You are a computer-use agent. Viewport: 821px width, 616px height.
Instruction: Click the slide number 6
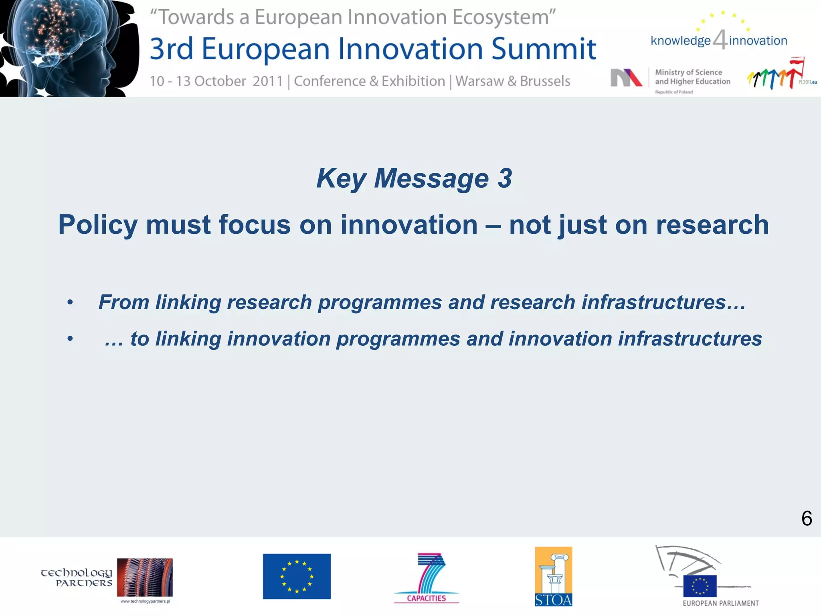coord(806,519)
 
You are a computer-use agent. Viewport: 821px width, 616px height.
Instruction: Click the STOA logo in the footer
coord(553,576)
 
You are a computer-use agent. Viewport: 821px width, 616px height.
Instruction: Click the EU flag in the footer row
coord(297,576)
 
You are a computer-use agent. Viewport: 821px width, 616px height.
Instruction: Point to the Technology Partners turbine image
coord(145,577)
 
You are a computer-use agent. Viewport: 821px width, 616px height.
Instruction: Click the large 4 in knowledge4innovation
coord(720,40)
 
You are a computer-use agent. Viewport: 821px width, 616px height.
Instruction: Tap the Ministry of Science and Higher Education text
coord(692,77)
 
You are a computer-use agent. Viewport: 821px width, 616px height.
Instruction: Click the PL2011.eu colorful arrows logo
coord(776,75)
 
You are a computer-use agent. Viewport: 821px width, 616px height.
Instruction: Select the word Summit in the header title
coord(544,49)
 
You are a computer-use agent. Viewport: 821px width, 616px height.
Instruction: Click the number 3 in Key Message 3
coord(505,178)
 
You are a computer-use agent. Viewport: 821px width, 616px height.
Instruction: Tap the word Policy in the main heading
coord(98,225)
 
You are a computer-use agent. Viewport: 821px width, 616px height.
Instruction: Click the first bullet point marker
coord(70,302)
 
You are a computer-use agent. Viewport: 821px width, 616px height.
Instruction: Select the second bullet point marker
coord(70,339)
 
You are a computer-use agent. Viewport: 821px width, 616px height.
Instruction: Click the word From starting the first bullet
coord(123,302)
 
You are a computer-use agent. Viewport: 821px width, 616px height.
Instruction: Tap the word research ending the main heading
coord(712,225)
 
